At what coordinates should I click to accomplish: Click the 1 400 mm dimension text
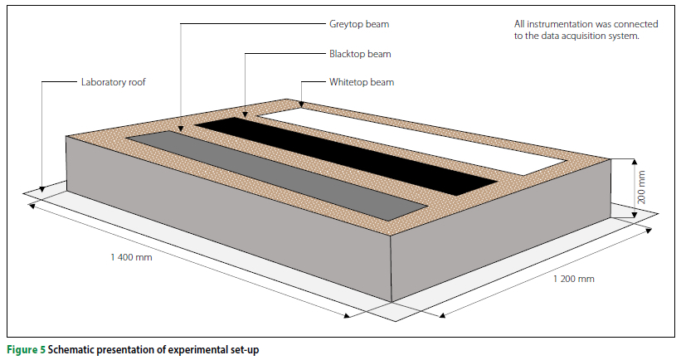coord(132,258)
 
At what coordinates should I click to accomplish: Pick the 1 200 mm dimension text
coord(574,279)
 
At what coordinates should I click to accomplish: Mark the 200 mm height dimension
coord(640,187)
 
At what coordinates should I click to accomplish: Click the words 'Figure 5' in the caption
coord(25,350)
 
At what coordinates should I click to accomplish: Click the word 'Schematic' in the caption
coord(71,350)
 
